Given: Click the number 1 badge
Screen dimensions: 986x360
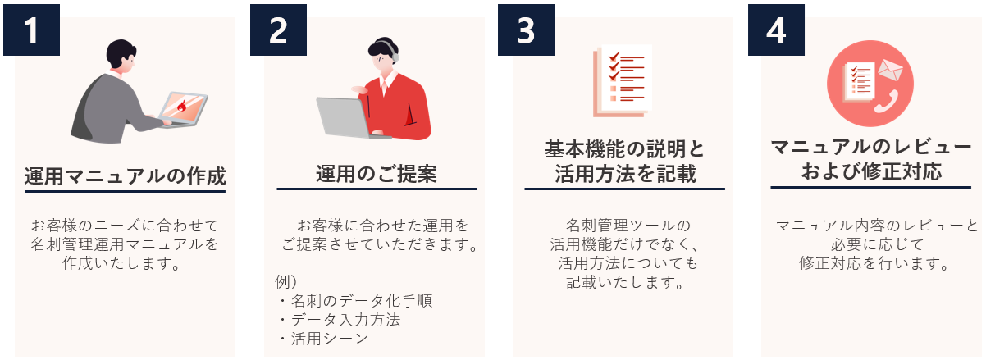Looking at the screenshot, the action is coord(31,30).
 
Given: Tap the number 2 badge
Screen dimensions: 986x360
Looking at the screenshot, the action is coord(278,30).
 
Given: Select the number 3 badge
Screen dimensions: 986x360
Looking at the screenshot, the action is coord(526,30).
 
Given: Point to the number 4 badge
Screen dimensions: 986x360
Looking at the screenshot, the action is coord(776,30).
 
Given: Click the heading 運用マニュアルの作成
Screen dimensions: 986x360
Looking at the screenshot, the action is coord(125,176).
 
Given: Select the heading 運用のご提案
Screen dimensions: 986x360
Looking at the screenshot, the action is coord(377,174).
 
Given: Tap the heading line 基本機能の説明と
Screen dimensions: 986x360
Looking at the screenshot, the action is coord(624,149).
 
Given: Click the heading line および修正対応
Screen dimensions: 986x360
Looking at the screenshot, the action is coord(871,171).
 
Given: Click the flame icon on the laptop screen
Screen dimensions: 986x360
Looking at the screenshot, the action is coord(182,106).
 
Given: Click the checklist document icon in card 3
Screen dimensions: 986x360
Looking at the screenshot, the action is coord(622,80).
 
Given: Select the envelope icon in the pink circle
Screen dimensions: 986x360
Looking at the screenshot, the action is coord(891,70).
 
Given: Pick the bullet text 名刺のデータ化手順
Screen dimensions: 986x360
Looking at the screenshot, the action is coord(362,301).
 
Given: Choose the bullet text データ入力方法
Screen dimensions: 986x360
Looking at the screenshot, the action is coord(345,320).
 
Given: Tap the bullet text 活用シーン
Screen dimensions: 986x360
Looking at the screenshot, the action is coord(330,339).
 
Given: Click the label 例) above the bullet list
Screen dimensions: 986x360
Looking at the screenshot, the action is coord(286,281).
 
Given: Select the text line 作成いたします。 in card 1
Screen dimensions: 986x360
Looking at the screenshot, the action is coord(122,263).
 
